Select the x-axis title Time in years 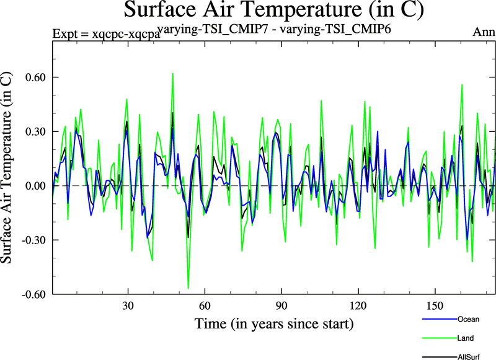point(274,323)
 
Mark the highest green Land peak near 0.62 point(173,73)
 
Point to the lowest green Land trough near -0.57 point(188,288)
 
